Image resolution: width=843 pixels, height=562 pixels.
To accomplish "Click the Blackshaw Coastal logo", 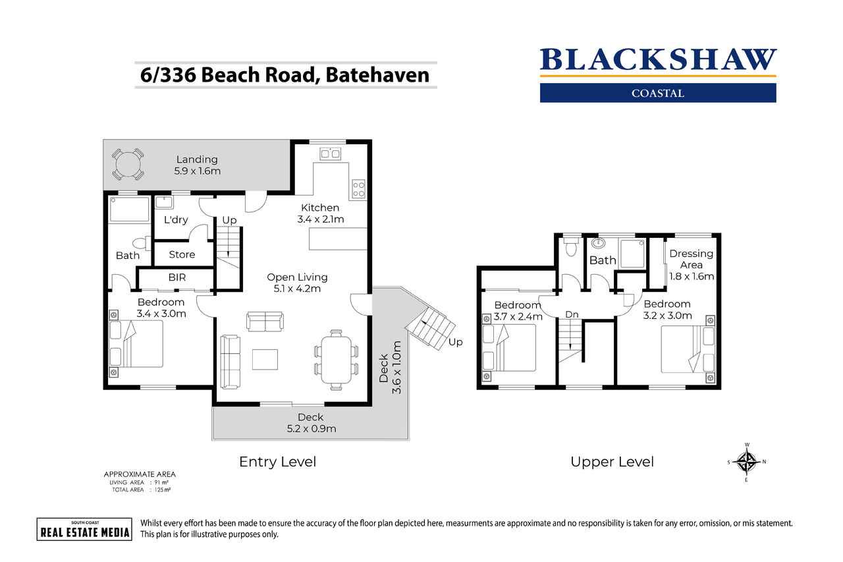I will click(x=658, y=74).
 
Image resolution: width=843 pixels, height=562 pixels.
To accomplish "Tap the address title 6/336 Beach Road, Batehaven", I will click(x=285, y=74).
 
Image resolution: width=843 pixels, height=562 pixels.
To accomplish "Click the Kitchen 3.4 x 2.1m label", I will click(x=320, y=213).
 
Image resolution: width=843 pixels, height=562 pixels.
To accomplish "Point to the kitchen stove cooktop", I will click(x=358, y=189).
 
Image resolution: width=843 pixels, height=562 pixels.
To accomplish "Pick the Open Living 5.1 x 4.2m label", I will click(x=297, y=283).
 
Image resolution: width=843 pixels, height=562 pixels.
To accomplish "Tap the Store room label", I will click(x=182, y=254).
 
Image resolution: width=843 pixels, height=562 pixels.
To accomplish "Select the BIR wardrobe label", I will click(x=177, y=278).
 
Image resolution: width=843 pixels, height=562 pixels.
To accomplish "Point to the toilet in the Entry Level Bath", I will click(x=140, y=242).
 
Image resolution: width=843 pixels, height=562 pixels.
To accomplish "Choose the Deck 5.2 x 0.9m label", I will click(x=310, y=423).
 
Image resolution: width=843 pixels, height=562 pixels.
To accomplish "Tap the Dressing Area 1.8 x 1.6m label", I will click(x=692, y=264).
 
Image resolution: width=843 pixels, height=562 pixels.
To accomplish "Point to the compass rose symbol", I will click(x=746, y=462).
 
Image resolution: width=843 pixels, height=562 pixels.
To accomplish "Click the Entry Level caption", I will click(x=277, y=462).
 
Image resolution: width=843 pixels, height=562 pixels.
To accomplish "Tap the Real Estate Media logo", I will click(x=84, y=528).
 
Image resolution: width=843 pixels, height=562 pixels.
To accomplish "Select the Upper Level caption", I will click(x=612, y=462).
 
